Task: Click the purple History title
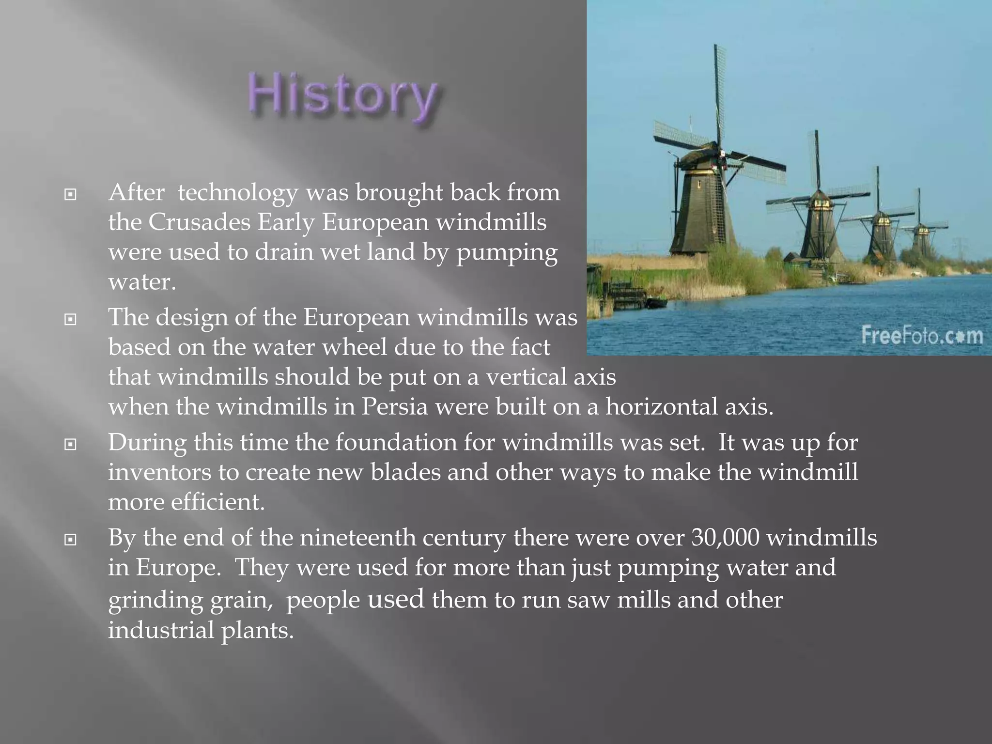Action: (343, 95)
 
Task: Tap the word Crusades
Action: (200, 222)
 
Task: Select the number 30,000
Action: (725, 538)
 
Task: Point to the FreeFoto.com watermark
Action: (922, 335)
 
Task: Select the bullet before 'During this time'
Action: (71, 444)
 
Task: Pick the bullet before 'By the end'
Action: (71, 539)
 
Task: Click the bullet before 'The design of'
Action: (71, 319)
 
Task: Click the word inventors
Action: (159, 472)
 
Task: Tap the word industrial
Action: (161, 631)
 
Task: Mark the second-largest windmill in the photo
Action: (819, 223)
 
